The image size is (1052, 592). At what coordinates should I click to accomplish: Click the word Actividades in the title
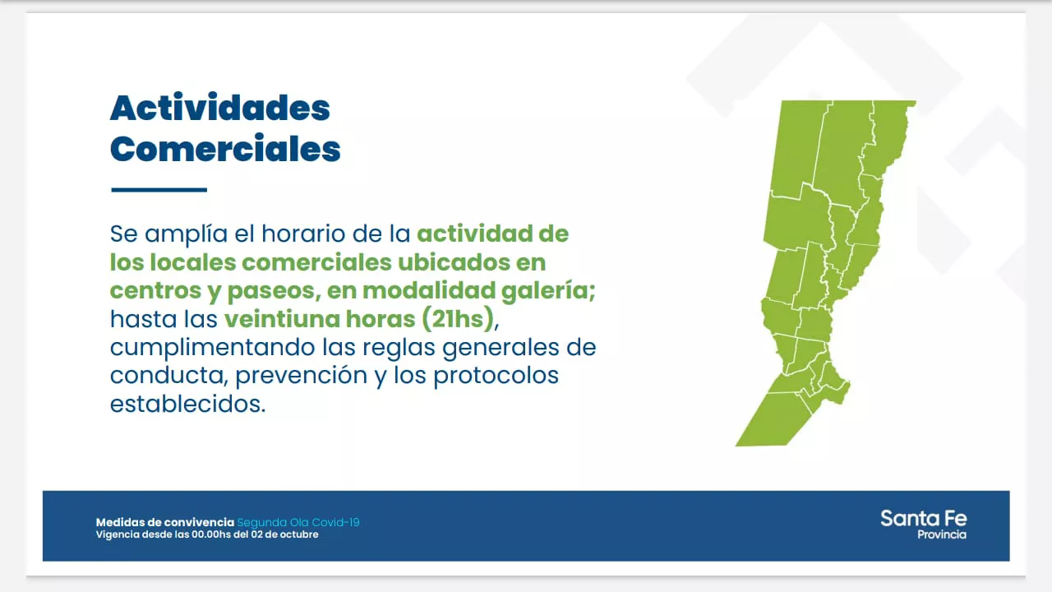click(x=220, y=108)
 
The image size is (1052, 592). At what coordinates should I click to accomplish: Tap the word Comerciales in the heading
click(x=225, y=149)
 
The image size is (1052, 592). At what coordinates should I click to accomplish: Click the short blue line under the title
click(x=159, y=190)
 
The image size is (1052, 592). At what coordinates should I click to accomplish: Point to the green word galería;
click(x=548, y=291)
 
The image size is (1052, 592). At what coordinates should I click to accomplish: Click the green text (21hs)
click(x=458, y=319)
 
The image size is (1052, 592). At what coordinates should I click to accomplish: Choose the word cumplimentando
click(x=213, y=348)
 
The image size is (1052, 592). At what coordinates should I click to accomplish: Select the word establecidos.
click(x=188, y=404)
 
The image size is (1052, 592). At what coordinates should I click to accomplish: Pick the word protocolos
click(x=496, y=376)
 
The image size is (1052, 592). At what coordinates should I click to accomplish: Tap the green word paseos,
click(x=275, y=291)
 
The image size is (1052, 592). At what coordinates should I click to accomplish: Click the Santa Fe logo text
click(x=923, y=519)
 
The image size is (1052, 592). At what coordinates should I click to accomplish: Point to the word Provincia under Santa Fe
click(x=942, y=534)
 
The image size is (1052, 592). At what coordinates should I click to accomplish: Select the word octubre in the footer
click(x=298, y=534)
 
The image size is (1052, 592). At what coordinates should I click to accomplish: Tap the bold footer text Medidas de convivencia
click(x=165, y=522)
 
